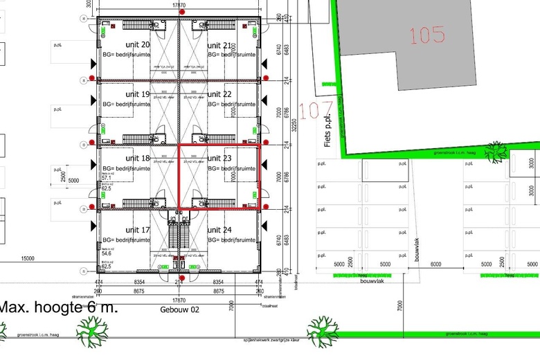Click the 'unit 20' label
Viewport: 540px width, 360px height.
click(137, 26)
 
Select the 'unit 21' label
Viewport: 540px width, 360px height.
click(220, 26)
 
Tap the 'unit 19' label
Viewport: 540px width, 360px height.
click(137, 94)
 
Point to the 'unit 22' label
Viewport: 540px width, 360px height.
click(220, 94)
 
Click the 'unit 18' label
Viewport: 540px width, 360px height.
click(137, 159)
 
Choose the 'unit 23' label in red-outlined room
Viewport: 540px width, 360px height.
click(220, 159)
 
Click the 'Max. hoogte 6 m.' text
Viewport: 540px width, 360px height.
click(58, 308)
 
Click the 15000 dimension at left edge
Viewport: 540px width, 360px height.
click(28, 258)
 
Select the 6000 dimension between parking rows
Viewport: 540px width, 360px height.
click(436, 264)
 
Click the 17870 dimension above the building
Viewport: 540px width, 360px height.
click(178, 5)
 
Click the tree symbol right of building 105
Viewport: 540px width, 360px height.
click(496, 151)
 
